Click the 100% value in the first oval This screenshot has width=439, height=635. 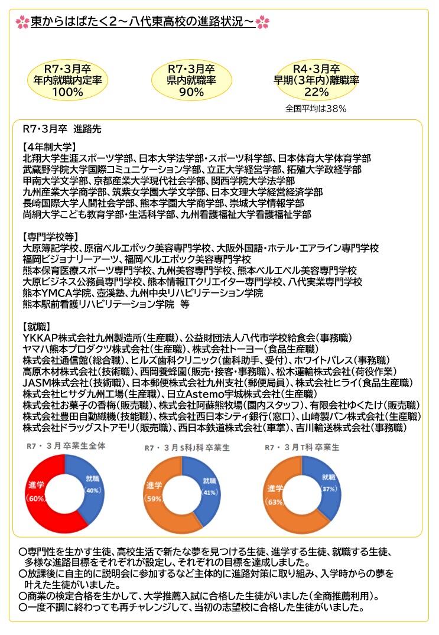[x=67, y=92]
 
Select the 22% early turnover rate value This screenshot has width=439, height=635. [x=316, y=92]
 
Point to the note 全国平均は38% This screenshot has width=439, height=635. [x=316, y=109]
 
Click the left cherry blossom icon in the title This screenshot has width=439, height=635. [x=22, y=22]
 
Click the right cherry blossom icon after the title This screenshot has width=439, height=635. [x=263, y=22]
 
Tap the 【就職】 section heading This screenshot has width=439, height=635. [x=37, y=326]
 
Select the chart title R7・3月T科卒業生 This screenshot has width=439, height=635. [x=302, y=448]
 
